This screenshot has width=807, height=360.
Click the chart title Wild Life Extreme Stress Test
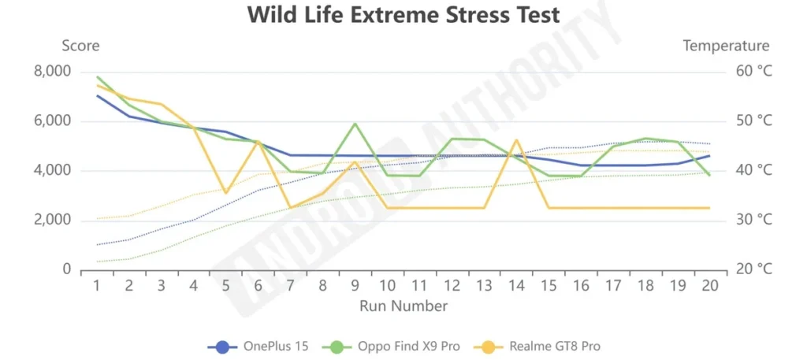pos(403,15)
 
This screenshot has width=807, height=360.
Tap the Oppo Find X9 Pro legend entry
pos(386,346)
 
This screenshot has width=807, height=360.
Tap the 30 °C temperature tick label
pos(754,220)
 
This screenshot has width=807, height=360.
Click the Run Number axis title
pos(403,306)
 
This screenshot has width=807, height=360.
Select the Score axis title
pos(81,46)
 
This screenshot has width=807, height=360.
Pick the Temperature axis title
pos(726,46)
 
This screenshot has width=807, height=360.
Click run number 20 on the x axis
pos(709,285)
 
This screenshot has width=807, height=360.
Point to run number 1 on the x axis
pos(97,285)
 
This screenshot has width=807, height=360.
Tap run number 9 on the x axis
pos(355,285)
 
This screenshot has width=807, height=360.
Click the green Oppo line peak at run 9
pos(355,124)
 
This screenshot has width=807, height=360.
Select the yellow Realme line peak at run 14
pos(516,140)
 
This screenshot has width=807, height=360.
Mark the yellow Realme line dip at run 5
pos(226,192)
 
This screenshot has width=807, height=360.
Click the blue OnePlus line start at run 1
pos(97,96)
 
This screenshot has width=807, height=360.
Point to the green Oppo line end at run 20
pos(709,175)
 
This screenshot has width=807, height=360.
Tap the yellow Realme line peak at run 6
pos(258,141)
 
